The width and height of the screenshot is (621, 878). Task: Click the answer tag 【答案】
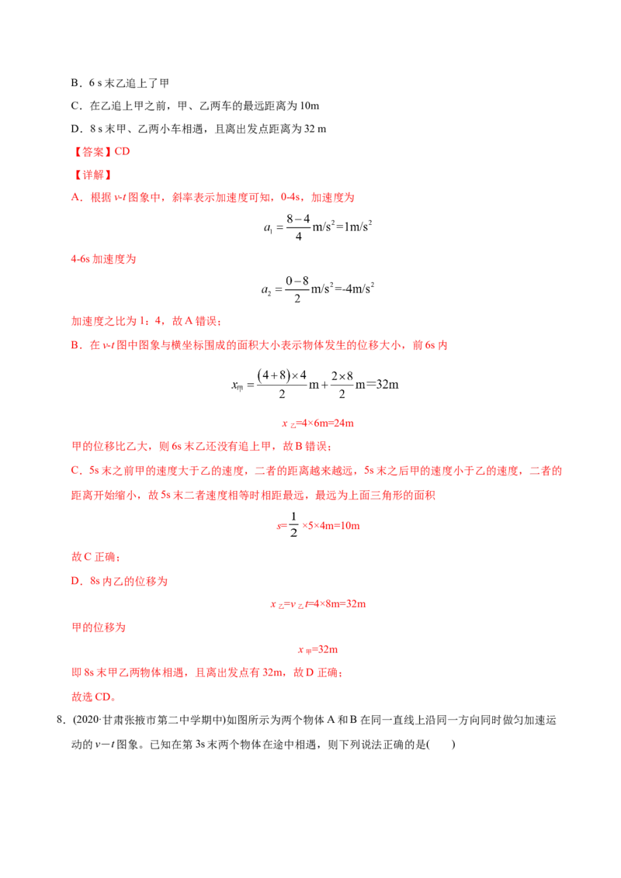click(92, 152)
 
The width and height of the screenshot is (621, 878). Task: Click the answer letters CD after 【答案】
click(122, 152)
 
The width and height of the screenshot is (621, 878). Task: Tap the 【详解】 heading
click(92, 175)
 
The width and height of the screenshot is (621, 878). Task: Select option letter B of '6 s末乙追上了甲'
click(75, 83)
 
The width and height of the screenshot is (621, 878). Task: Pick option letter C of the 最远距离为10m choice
click(75, 105)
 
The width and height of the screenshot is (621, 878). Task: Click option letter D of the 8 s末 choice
click(75, 129)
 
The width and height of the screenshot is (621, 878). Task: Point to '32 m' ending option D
click(315, 129)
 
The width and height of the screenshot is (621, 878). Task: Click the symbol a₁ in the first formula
click(268, 227)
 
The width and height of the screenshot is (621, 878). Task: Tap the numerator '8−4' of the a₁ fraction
click(298, 219)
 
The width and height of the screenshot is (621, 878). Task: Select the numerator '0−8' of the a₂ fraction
click(297, 281)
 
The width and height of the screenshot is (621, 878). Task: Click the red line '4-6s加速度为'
click(104, 259)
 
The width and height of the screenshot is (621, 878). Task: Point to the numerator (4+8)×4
click(281, 375)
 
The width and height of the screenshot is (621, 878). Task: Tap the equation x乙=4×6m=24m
click(317, 423)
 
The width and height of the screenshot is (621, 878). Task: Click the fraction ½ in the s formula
click(293, 524)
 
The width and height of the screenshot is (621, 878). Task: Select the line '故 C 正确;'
click(95, 557)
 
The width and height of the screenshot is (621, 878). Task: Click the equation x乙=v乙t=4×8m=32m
click(318, 604)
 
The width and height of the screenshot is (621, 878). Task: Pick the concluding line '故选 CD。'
click(94, 697)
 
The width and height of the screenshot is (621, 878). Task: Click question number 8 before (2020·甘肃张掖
click(61, 720)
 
